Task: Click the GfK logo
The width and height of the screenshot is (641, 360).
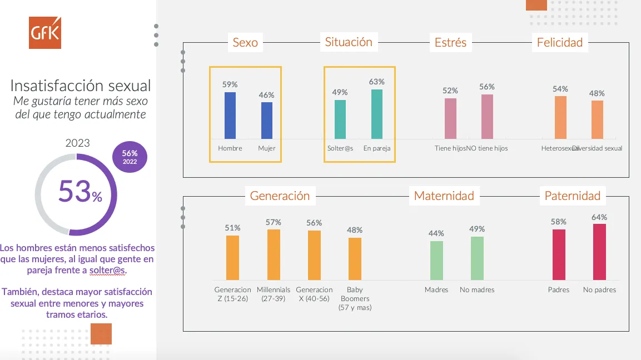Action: [x=45, y=33]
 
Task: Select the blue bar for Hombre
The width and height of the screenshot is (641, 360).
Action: [x=230, y=116]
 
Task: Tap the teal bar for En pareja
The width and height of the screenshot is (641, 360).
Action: [x=377, y=114]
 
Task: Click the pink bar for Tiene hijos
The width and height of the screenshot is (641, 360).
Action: [x=450, y=118]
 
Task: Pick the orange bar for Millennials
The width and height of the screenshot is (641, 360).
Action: [x=274, y=254]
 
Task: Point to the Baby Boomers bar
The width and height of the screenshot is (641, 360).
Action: [x=355, y=259]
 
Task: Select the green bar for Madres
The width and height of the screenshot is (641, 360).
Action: [x=436, y=260]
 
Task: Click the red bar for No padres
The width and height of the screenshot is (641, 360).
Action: [x=599, y=252]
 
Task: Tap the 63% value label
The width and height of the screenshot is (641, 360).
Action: [x=376, y=82]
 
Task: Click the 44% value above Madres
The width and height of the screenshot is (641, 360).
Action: [x=436, y=233]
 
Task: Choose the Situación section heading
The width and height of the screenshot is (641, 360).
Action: [x=349, y=42]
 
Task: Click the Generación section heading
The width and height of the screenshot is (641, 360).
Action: [x=280, y=196]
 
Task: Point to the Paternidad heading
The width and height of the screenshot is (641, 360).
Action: [x=573, y=196]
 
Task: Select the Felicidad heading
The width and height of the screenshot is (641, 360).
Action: [x=560, y=43]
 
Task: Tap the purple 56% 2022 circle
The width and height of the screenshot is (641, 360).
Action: [x=130, y=157]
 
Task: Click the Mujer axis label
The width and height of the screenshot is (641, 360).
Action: [x=267, y=148]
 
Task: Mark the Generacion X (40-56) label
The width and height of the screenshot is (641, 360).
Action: [x=314, y=294]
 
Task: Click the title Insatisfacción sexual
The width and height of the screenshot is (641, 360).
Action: [x=81, y=86]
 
